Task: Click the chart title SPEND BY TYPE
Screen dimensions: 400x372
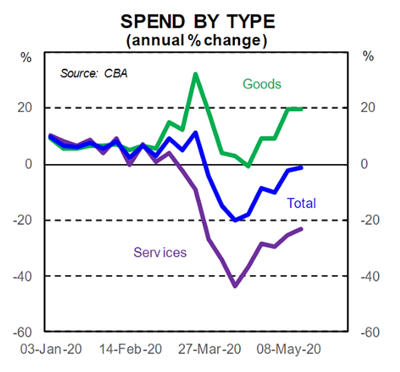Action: (x=198, y=21)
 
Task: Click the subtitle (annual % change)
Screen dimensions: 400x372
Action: (x=197, y=41)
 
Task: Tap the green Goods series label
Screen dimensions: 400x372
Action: (x=261, y=84)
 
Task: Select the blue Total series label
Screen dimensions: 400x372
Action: (x=301, y=203)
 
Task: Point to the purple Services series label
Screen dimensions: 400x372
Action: (x=160, y=253)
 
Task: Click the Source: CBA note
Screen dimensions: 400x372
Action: (x=93, y=74)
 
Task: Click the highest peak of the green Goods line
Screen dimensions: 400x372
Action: (x=196, y=74)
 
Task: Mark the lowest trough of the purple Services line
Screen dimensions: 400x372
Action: (x=235, y=286)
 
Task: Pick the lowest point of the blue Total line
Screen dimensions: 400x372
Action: (x=235, y=220)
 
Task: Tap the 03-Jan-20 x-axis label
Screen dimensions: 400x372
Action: (x=51, y=349)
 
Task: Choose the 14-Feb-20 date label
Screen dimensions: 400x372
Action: (x=130, y=349)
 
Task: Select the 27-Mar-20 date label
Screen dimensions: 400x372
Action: (x=209, y=349)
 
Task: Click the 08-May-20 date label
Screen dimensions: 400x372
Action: (x=289, y=349)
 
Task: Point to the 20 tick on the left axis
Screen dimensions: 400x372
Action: (x=25, y=108)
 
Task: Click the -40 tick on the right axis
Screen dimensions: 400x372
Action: (x=370, y=276)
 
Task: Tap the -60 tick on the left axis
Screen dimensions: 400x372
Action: (x=23, y=332)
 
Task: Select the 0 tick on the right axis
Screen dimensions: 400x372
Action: (x=364, y=163)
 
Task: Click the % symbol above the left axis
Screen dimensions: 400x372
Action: (x=26, y=57)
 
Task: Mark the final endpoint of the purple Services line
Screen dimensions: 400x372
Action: (x=301, y=229)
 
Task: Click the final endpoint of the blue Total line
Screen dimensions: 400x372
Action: (x=301, y=167)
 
